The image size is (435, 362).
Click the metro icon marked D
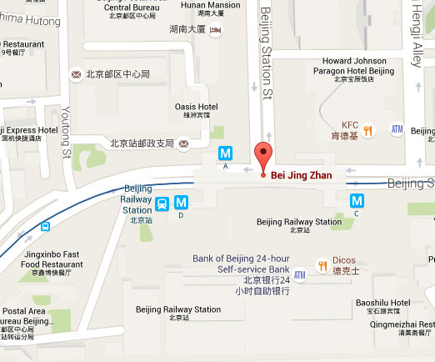coord(181,202)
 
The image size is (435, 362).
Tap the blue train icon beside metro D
coord(162,203)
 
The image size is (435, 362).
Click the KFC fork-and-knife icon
coord(367,130)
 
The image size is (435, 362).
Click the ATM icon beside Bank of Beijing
coord(300,274)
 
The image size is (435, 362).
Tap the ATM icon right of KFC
coord(397,130)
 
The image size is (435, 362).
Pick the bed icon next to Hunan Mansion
coord(216,31)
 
